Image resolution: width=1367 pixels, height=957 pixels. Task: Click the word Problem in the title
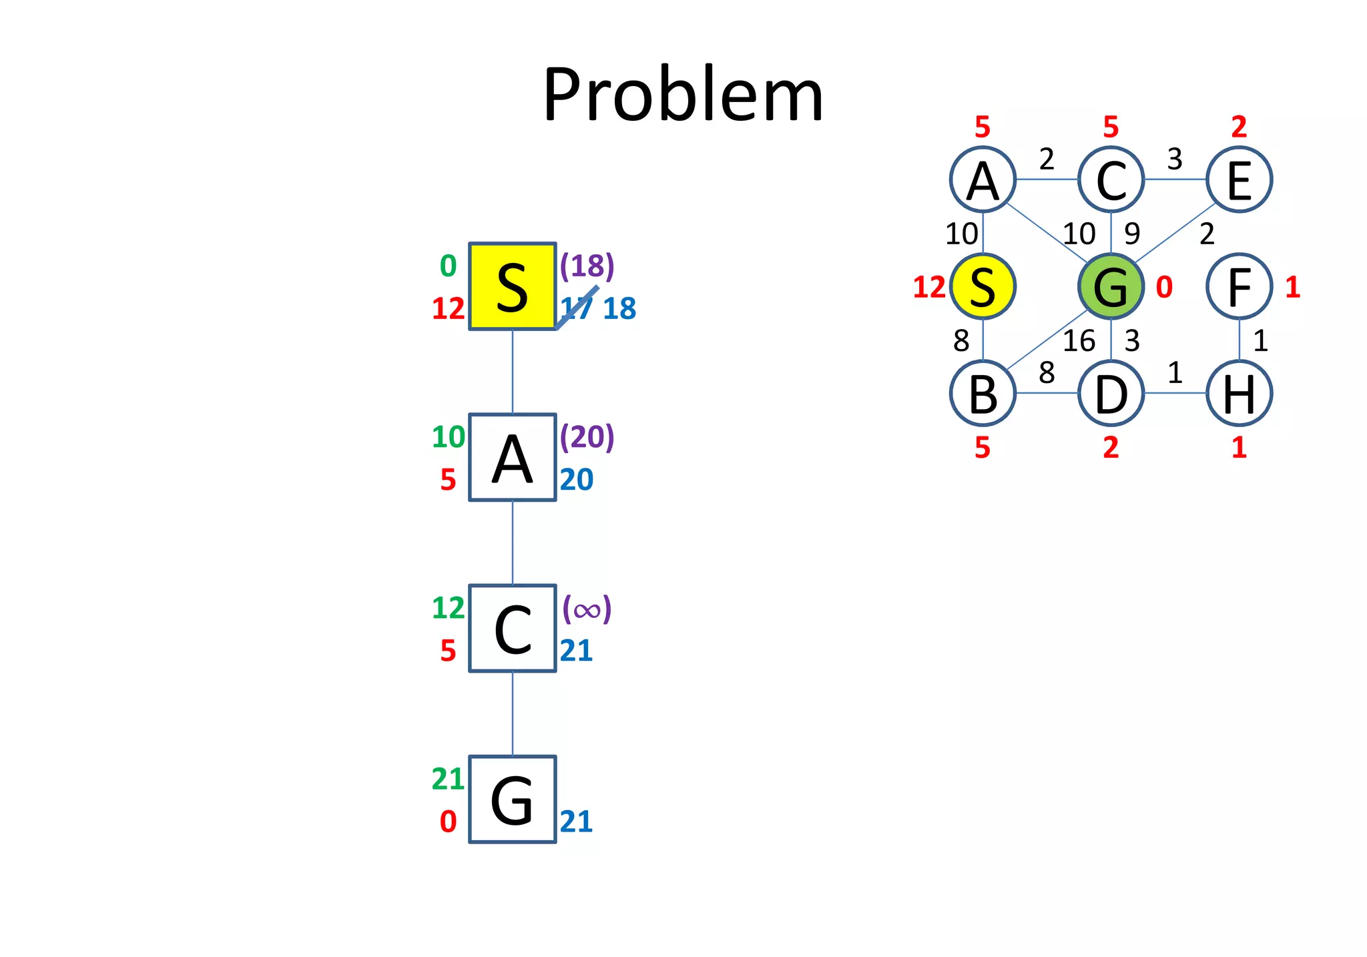(683, 95)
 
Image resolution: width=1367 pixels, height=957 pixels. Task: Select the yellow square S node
(512, 286)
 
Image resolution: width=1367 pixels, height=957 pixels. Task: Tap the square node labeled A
(512, 457)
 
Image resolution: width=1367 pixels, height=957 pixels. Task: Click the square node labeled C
(512, 628)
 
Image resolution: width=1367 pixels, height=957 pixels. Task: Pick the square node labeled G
(512, 799)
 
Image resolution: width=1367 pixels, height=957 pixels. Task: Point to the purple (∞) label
(587, 609)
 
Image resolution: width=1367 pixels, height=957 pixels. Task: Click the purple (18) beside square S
(587, 266)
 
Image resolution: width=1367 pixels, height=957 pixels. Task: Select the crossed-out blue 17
(576, 308)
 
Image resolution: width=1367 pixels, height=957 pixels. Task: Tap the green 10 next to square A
(448, 437)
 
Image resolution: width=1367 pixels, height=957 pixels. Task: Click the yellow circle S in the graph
(983, 286)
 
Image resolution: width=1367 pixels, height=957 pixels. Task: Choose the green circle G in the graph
(1111, 286)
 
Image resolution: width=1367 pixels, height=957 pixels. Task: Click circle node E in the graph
(1239, 180)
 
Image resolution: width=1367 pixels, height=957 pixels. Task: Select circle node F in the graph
(1239, 286)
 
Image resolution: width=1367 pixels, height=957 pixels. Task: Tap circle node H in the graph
(1239, 393)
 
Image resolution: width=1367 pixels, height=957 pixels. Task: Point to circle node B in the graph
(983, 393)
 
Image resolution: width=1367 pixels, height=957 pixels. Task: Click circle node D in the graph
(1111, 393)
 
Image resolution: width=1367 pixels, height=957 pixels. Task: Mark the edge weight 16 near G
(1079, 341)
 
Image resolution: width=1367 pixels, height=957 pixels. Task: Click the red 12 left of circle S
(929, 287)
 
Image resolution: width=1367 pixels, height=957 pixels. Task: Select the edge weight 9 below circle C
(1132, 234)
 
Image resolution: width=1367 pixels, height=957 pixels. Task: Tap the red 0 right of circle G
(1164, 287)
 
